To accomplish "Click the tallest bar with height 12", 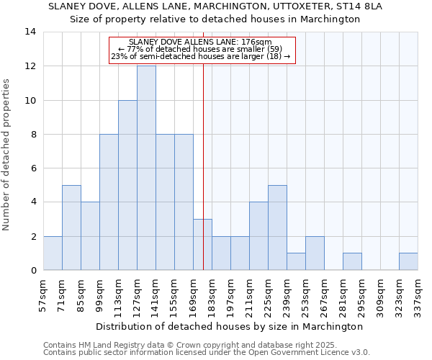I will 146,168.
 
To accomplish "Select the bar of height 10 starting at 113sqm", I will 127,185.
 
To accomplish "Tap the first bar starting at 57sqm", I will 53,253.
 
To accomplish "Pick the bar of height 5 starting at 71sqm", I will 71,228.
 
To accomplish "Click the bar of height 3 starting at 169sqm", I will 202,245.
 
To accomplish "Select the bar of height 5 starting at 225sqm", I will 277,228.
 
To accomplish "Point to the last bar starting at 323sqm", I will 408,262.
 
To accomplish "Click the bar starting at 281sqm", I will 352,262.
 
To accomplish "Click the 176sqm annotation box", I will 202,50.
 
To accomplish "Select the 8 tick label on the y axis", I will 33,135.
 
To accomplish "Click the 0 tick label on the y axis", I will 33,271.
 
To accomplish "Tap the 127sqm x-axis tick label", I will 137,294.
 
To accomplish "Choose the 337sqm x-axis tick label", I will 418,294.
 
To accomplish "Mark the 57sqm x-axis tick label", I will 43,294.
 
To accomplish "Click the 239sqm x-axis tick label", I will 287,294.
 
